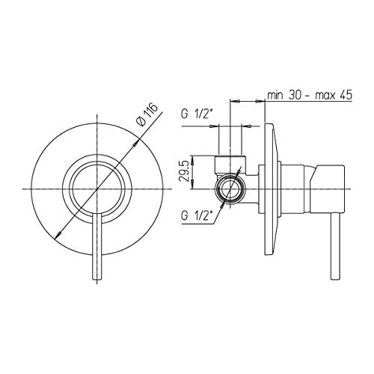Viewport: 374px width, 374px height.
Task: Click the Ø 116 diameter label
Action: [148, 114]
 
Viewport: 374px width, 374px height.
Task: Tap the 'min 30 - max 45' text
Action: [310, 95]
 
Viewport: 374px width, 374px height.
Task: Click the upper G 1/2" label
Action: [197, 114]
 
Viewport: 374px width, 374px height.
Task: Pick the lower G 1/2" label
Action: [197, 216]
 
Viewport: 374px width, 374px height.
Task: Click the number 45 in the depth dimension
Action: [346, 95]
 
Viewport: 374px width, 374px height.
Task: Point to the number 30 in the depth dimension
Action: [295, 95]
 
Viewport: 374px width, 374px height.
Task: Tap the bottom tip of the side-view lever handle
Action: [334, 279]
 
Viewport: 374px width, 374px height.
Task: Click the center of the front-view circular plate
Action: [96, 189]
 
